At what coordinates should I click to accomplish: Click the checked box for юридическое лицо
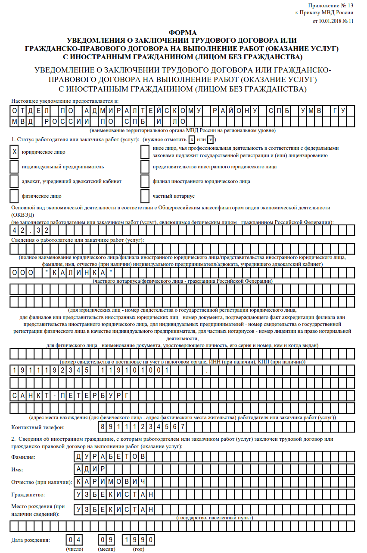coord(15,152)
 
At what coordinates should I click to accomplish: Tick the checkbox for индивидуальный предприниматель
coord(15,167)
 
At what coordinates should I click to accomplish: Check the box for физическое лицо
coord(15,196)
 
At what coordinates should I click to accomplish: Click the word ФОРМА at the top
coord(182,33)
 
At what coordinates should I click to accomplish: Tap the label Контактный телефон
coord(38,427)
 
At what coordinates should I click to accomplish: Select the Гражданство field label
coord(28,494)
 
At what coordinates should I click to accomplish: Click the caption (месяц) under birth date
coord(106,550)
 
